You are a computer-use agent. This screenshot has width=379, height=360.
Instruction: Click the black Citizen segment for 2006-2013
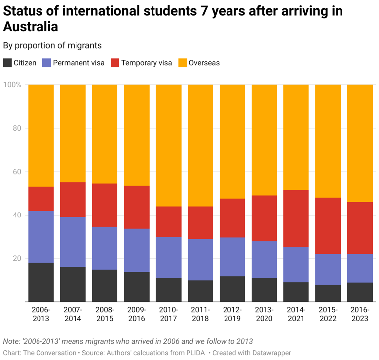(x=41, y=282)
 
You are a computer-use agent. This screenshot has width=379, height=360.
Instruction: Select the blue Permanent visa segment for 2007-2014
(x=73, y=242)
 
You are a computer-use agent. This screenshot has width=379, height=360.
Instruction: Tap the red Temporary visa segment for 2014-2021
(x=296, y=218)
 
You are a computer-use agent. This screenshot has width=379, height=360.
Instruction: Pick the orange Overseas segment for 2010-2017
(x=168, y=145)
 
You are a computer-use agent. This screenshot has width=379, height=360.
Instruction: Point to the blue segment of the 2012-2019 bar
(x=232, y=256)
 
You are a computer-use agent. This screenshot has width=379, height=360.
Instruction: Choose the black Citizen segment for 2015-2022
(x=328, y=293)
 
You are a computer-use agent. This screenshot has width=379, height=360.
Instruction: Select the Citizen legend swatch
(x=8, y=63)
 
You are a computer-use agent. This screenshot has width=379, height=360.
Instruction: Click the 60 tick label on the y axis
(x=16, y=172)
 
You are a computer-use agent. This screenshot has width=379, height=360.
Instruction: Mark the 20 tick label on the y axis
(x=16, y=258)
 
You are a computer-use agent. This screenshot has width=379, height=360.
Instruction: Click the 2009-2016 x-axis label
(x=137, y=314)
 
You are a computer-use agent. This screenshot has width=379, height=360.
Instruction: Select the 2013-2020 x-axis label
(x=264, y=314)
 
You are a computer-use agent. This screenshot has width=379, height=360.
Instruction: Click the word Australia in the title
(x=30, y=26)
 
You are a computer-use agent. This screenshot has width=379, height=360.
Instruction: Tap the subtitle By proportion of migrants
(x=52, y=45)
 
